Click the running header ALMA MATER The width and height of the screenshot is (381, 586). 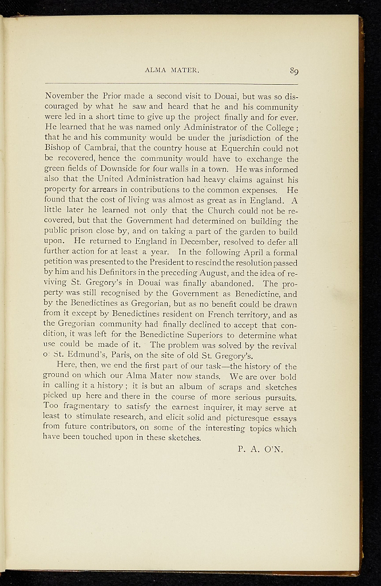click(172, 72)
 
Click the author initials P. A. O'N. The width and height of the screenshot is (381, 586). click(260, 449)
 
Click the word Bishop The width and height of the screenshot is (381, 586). click(59, 148)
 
